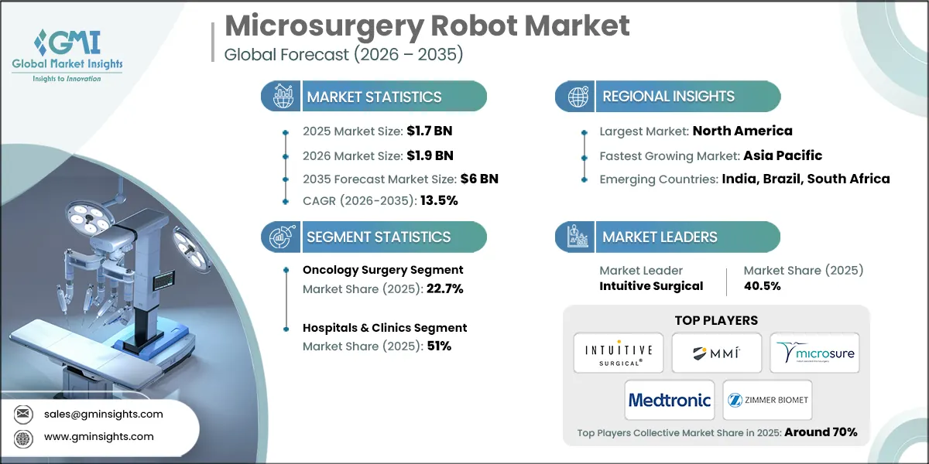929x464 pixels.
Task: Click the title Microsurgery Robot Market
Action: tap(427, 26)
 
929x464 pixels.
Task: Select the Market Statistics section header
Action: tap(374, 97)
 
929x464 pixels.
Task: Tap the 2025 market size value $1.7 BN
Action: tap(430, 132)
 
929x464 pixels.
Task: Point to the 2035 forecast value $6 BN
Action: tap(480, 179)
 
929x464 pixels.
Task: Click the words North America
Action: tap(742, 131)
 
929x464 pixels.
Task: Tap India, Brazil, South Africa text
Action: tap(806, 179)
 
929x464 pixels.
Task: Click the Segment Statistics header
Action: tap(378, 237)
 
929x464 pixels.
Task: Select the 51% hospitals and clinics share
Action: tap(439, 346)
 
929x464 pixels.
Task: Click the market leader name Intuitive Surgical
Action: tap(651, 285)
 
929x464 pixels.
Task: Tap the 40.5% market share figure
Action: tap(762, 285)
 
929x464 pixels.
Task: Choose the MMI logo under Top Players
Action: tap(716, 353)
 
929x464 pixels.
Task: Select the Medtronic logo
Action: tap(670, 400)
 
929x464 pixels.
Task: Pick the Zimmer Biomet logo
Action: tap(767, 400)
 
